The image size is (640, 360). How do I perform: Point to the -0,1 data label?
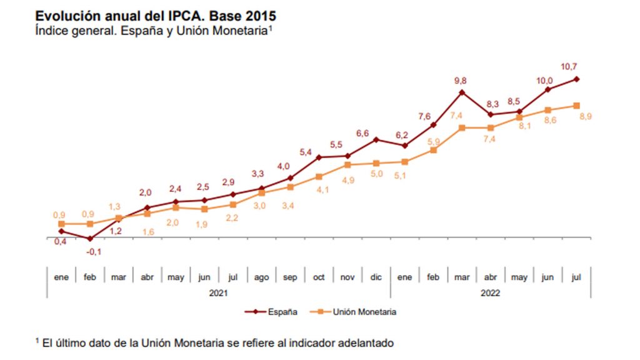(x=94, y=251)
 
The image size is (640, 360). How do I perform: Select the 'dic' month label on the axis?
(x=376, y=277)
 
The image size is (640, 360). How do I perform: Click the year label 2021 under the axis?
(x=218, y=292)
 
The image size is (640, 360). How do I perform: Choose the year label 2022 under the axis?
(x=489, y=292)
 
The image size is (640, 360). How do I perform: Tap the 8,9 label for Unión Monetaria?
(x=586, y=117)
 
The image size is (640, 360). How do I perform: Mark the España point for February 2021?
(x=90, y=239)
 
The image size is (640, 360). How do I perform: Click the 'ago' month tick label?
(x=261, y=277)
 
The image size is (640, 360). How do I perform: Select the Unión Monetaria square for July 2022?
(x=576, y=106)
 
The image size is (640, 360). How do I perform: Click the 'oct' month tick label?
(x=319, y=277)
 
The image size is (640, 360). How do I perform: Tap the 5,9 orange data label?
(x=434, y=141)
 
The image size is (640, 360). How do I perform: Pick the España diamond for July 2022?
(x=576, y=79)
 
